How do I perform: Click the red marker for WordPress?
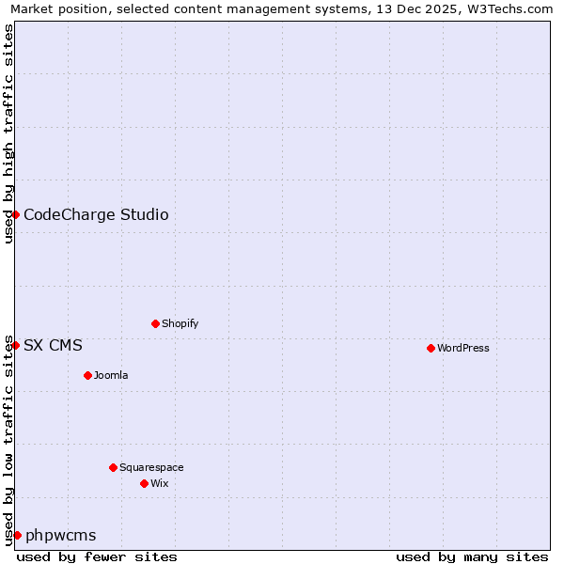coord(431,348)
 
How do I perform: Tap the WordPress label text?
coord(463,349)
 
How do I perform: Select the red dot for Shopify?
coord(155,323)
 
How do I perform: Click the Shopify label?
coord(180,324)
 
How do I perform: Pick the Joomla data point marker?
coord(87,375)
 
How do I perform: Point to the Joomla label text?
coord(111,376)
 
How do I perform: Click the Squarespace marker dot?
coord(113,467)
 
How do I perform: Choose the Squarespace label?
coord(151,468)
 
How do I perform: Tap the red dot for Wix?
coord(144,483)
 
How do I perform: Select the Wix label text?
coord(160,484)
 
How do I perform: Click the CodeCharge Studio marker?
coord(16,214)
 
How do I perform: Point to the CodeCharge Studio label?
coord(96,215)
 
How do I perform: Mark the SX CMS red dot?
coord(16,345)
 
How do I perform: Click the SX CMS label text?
coord(53,346)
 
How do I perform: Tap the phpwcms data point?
coord(17,535)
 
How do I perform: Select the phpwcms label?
coord(60,536)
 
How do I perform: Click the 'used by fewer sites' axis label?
coord(97,556)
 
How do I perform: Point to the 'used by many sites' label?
coord(472,556)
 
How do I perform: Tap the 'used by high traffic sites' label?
coord(9,133)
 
